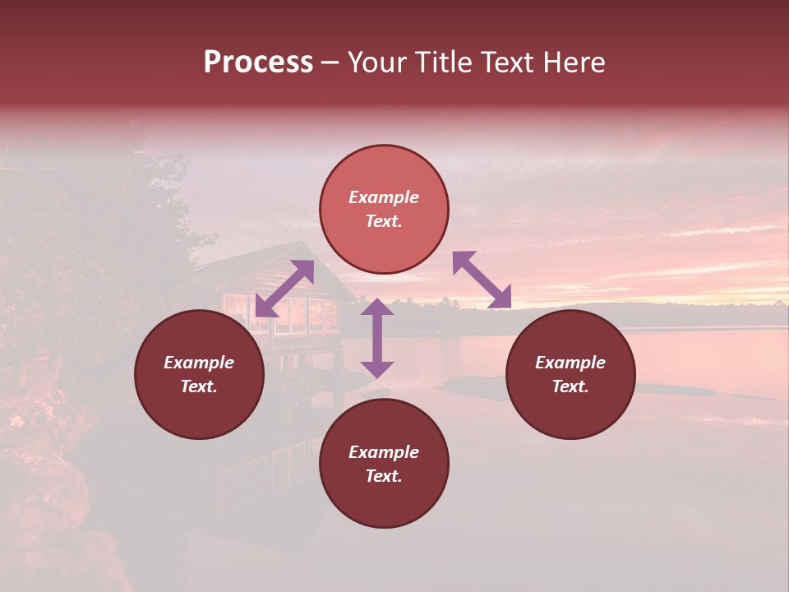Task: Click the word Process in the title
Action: [x=258, y=62]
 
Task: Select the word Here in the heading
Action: [x=573, y=62]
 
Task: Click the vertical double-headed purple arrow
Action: [x=377, y=338]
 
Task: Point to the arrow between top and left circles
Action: [x=284, y=289]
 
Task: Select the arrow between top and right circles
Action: [x=482, y=280]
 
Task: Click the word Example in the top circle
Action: [x=384, y=197]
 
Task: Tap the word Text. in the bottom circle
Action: [x=384, y=476]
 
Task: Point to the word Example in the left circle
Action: [x=199, y=363]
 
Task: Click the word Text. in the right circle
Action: [x=570, y=386]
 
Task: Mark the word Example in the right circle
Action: [x=570, y=363]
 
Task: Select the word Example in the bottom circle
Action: [x=384, y=452]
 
